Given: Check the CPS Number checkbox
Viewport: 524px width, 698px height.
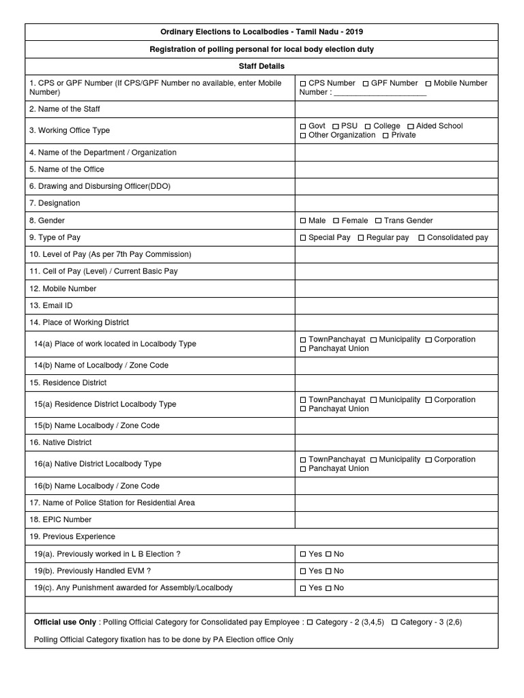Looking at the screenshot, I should tap(303, 83).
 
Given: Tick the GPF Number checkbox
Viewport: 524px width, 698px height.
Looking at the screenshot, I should tap(366, 83).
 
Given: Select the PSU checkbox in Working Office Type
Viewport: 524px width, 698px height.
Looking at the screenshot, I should tap(336, 126).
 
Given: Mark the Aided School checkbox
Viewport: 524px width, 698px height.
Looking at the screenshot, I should tap(411, 126).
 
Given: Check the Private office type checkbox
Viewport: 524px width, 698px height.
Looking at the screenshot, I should tap(386, 135).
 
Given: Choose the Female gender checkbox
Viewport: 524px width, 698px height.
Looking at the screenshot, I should tap(336, 221).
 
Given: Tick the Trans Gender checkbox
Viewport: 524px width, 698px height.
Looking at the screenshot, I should tap(378, 221).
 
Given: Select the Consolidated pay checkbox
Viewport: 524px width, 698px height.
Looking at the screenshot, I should tap(422, 238).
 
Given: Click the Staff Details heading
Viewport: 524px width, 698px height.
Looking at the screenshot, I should tap(261, 66).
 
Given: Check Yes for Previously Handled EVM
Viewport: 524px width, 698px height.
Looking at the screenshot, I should tap(303, 571).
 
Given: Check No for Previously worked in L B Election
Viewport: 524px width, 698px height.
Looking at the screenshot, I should tap(328, 554).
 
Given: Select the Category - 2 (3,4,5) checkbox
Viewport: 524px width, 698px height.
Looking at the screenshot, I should tap(310, 622).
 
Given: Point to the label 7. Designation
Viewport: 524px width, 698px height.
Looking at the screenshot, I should tap(55, 203).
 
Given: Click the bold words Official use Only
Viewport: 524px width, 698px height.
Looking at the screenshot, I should tap(65, 622).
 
